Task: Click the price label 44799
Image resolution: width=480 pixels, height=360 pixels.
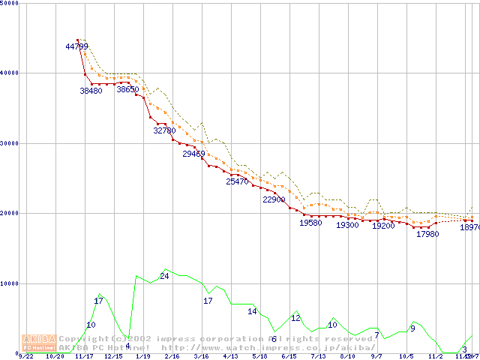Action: [x=77, y=46]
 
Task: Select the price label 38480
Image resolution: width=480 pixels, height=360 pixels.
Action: [x=91, y=91]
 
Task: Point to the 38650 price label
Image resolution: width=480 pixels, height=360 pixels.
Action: [x=127, y=89]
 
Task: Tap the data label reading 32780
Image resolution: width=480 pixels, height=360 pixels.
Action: [x=164, y=130]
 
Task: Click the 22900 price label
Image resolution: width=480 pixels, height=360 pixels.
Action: [x=274, y=199]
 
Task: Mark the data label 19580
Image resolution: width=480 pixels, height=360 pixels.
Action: [x=310, y=223]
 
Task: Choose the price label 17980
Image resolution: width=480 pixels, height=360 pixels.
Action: [x=427, y=234]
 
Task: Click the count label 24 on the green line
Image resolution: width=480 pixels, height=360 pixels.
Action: [x=164, y=276]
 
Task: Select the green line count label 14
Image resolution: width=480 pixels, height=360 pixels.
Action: [x=252, y=311]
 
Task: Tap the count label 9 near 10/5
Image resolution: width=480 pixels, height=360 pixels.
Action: [x=412, y=328]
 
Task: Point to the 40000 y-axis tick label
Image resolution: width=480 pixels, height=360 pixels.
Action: [x=10, y=73]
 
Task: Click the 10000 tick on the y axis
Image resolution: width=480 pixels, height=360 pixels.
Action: [x=10, y=283]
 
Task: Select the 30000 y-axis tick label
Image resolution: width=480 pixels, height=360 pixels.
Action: [x=10, y=143]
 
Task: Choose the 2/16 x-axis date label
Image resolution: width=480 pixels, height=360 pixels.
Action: [x=172, y=357]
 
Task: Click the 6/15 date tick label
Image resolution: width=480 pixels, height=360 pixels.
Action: [x=289, y=357]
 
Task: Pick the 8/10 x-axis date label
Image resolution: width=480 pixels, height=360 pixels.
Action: [x=347, y=357]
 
